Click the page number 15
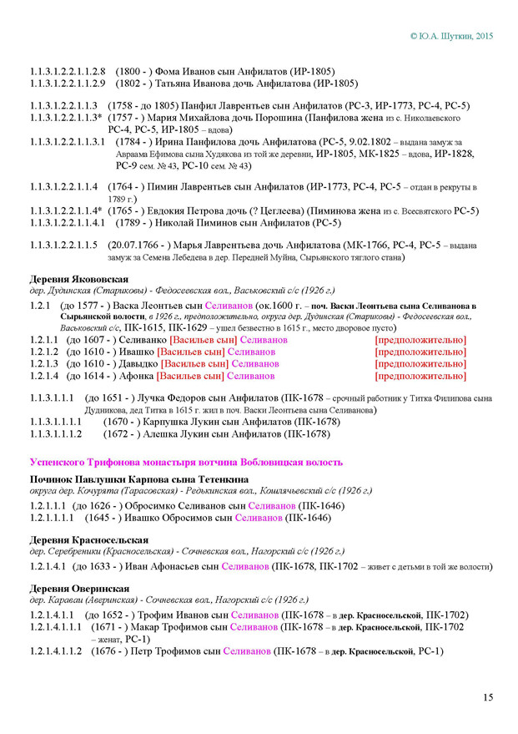pyautogui.click(x=487, y=697)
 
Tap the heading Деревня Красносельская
pyautogui.click(x=89, y=539)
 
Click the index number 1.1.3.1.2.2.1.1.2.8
pyautogui.click(x=67, y=71)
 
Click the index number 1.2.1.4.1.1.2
pyautogui.click(x=56, y=650)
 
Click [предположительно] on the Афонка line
pyautogui.click(x=420, y=376)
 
